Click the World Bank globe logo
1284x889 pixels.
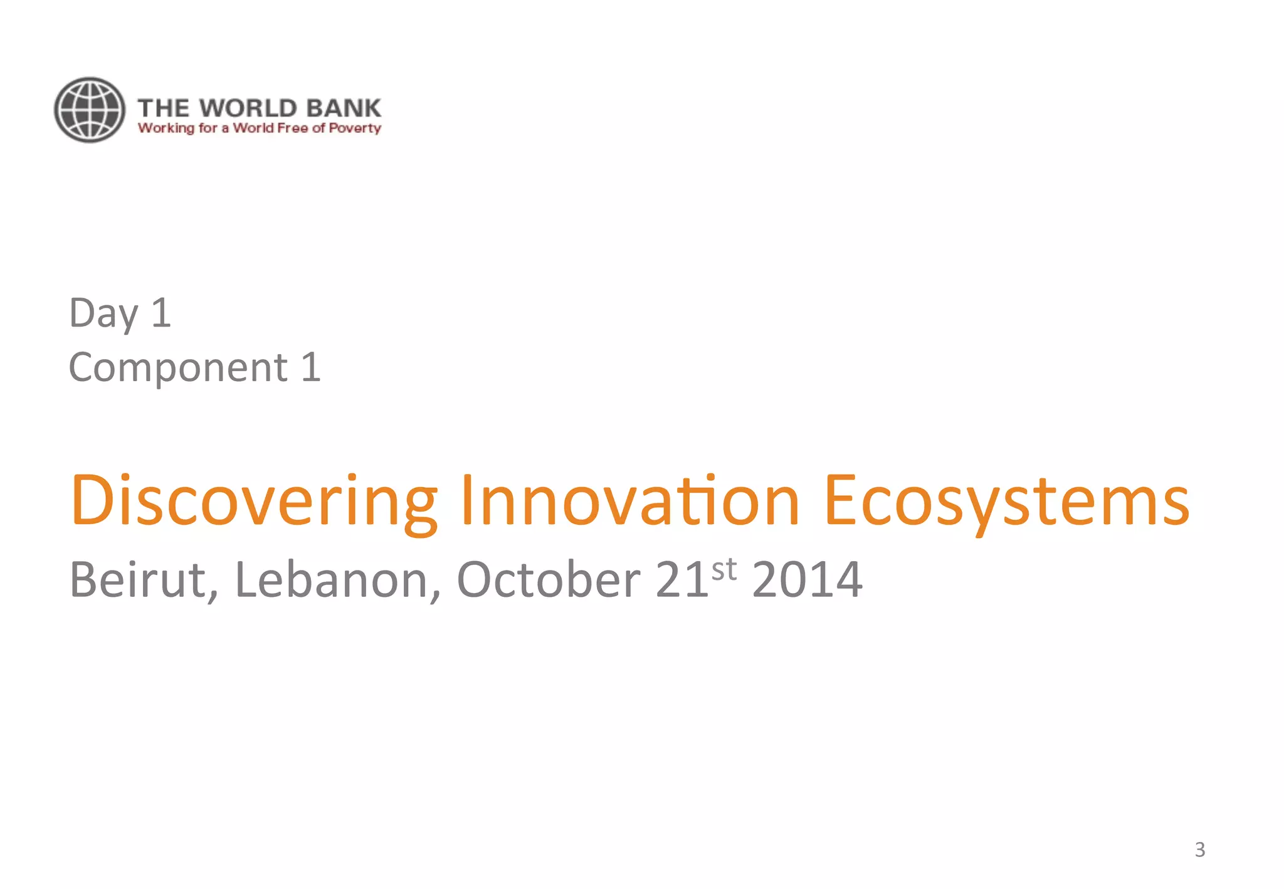tap(90, 110)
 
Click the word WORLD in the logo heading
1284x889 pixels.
tap(248, 108)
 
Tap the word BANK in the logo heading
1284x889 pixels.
tap(344, 108)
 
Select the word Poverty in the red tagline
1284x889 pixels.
tap(355, 129)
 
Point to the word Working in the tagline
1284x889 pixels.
tap(166, 129)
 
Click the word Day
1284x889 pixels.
tap(103, 313)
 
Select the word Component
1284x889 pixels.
tap(178, 367)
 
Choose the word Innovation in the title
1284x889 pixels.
tap(629, 500)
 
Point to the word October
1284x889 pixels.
tap(548, 580)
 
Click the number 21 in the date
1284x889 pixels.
tap(682, 580)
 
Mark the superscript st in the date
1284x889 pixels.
tap(724, 569)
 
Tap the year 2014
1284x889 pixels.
tap(807, 580)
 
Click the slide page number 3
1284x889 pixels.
tap(1199, 850)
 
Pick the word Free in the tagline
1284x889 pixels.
tap(292, 129)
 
